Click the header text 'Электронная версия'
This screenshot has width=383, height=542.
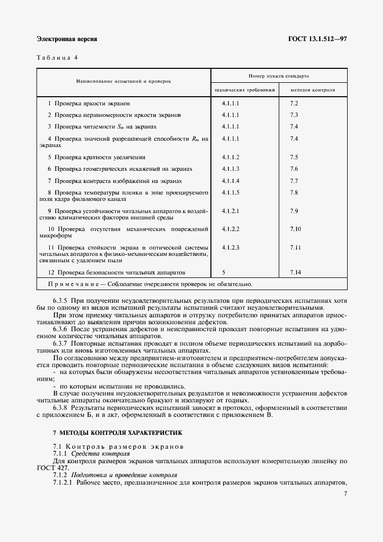coord(67,39)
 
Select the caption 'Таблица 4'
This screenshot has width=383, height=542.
coord(57,57)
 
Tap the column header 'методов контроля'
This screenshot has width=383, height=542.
coord(313,90)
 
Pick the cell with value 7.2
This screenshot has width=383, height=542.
coord(294,103)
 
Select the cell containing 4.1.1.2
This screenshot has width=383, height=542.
coord(231,157)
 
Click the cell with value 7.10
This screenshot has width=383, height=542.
coord(295,229)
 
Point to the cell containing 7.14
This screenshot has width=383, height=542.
coord(295,272)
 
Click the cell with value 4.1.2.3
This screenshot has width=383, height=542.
coord(231,247)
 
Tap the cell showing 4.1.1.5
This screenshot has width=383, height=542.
coord(231,192)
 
